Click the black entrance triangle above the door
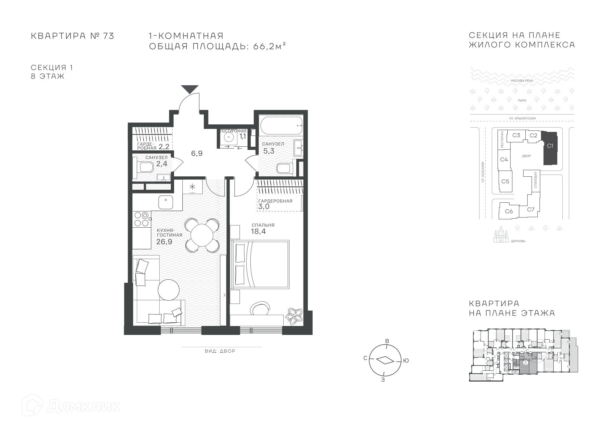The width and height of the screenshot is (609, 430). pyautogui.click(x=190, y=89)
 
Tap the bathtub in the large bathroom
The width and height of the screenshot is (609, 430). pyautogui.click(x=282, y=125)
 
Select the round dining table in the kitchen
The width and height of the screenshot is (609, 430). pyautogui.click(x=202, y=235)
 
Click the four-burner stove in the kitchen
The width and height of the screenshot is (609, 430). pyautogui.click(x=142, y=219)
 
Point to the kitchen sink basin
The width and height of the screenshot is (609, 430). pyautogui.click(x=166, y=202)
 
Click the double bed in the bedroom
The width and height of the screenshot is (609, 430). pyautogui.click(x=260, y=264)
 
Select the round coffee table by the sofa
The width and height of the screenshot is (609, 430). pyautogui.click(x=169, y=290)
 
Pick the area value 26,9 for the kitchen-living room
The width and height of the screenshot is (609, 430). pyautogui.click(x=164, y=242)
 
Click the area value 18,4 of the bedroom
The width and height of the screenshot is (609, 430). pyautogui.click(x=258, y=231)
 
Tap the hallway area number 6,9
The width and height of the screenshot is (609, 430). pyautogui.click(x=196, y=153)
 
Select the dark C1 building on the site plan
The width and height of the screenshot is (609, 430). pyautogui.click(x=550, y=148)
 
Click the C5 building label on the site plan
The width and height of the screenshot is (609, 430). pyautogui.click(x=505, y=181)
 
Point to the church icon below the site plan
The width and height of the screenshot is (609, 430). pyautogui.click(x=501, y=235)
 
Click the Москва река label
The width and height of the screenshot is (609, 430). pyautogui.click(x=522, y=81)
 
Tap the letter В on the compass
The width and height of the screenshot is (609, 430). pyautogui.click(x=388, y=341)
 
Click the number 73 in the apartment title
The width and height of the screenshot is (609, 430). pyautogui.click(x=109, y=36)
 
